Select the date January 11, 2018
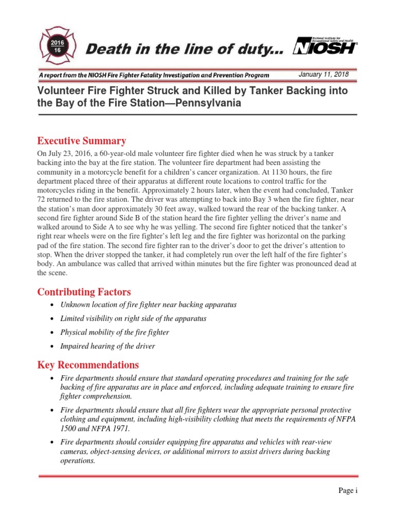point(324,75)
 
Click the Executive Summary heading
point(81,141)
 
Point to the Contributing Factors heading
point(83,292)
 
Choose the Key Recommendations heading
point(88,365)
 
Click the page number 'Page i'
point(347,490)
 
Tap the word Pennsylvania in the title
point(201,103)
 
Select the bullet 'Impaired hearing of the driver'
point(107,346)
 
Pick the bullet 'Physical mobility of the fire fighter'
point(115,332)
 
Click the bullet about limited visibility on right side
point(133,319)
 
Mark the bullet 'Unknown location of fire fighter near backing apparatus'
point(148,305)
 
